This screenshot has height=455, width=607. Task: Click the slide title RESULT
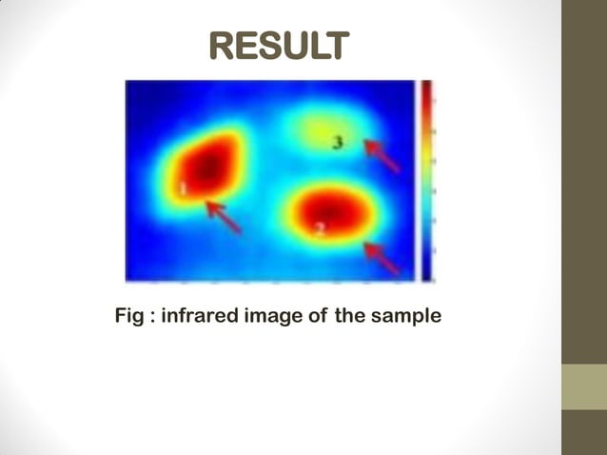(279, 45)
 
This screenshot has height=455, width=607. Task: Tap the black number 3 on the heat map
(338, 143)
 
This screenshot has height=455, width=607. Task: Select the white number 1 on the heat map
(183, 188)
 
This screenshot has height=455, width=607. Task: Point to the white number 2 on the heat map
(321, 228)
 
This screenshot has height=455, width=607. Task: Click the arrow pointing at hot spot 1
(225, 218)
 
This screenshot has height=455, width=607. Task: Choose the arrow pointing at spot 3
(382, 155)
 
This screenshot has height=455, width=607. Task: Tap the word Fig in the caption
(129, 315)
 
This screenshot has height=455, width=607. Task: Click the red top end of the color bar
(427, 90)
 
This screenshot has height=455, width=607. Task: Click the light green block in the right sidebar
(583, 387)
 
